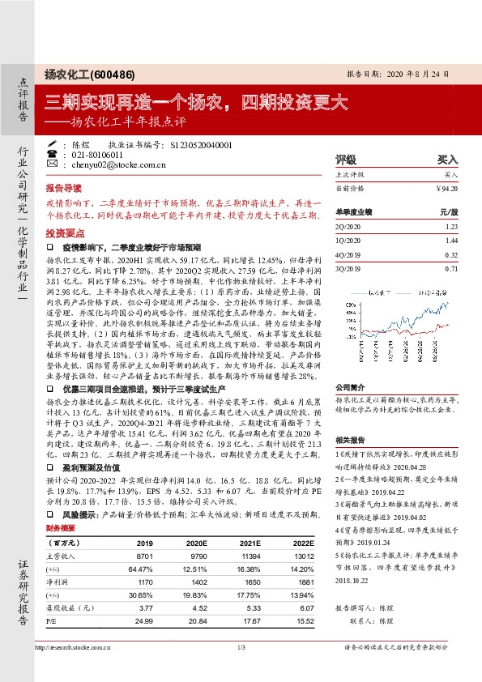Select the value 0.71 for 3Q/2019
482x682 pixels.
452,266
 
